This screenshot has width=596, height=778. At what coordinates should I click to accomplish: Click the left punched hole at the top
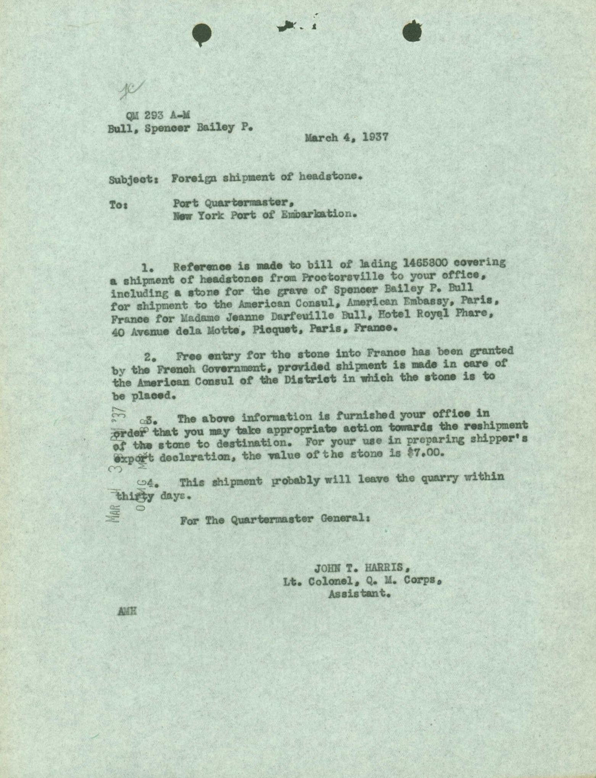click(x=202, y=33)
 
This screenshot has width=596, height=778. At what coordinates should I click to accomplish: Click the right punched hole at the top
click(x=412, y=32)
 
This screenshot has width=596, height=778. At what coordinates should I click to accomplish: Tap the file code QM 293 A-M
click(x=157, y=115)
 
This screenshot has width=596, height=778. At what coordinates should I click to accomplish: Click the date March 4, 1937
click(x=346, y=137)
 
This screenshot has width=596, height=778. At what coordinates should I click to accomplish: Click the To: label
click(x=119, y=205)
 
